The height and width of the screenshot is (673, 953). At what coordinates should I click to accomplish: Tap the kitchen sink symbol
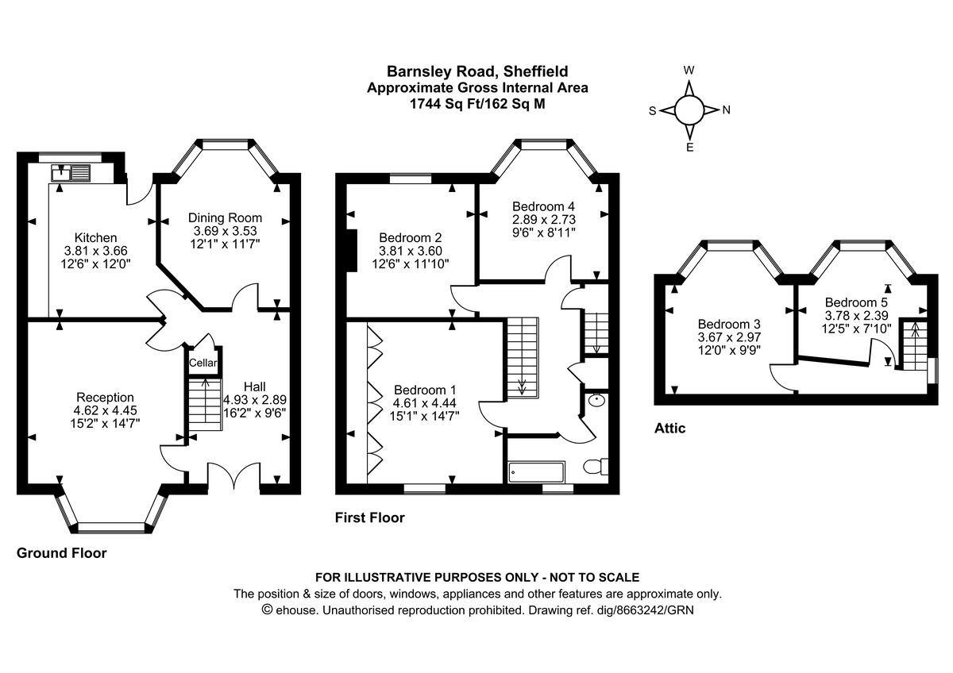coord(71,171)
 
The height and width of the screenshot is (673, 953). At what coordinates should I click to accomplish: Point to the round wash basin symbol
coord(593,401)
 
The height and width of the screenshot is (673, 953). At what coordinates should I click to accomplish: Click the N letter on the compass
coord(725,110)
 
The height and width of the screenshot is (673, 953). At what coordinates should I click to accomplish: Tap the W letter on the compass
coord(689,70)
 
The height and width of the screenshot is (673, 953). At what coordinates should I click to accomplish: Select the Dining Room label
coord(225,217)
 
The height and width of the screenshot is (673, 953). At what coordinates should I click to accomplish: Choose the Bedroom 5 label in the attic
coord(856,302)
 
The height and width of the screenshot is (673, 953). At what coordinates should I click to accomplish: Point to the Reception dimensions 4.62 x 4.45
coord(105,411)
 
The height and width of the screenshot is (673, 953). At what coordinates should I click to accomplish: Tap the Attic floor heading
coord(669,429)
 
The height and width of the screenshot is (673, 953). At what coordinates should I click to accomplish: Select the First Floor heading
coord(369,518)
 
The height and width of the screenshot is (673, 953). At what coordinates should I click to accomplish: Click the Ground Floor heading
coord(61,553)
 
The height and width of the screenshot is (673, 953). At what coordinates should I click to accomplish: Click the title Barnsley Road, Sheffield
coord(477,71)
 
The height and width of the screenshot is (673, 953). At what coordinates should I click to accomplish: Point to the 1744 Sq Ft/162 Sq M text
coord(477,104)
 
